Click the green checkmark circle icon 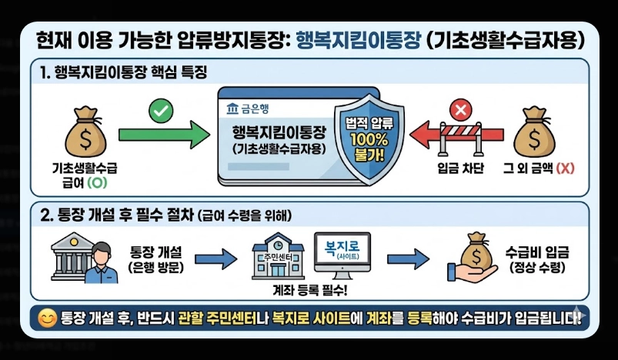coord(161,111)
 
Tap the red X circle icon coord(461,111)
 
